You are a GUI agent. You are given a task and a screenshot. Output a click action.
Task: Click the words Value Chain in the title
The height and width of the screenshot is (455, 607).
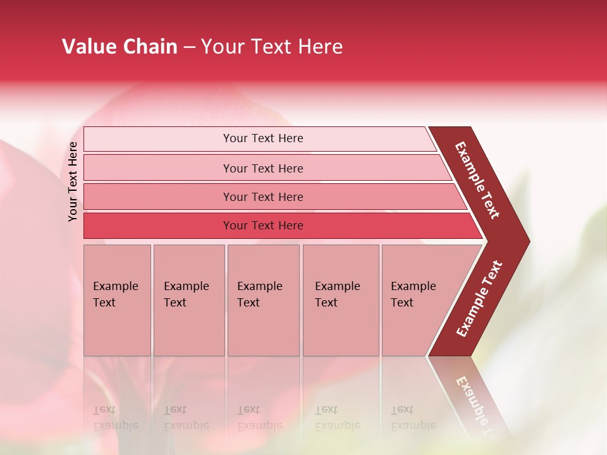120,47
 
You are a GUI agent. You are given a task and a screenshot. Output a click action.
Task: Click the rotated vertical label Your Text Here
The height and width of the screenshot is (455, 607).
73,181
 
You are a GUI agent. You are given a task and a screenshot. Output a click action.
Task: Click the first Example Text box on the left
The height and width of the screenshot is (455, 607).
117,300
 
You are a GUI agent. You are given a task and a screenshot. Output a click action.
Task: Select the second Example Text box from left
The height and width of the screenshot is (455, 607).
188,300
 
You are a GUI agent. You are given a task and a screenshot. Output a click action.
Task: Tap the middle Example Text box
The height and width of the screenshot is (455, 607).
263,300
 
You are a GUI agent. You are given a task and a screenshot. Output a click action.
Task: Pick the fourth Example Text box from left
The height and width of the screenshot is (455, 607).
340,300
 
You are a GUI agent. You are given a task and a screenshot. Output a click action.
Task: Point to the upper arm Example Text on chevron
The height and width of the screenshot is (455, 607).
477,180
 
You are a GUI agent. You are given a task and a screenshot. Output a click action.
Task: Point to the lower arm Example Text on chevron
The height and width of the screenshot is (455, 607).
479,298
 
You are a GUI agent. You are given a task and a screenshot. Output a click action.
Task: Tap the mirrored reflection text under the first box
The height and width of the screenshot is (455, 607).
115,418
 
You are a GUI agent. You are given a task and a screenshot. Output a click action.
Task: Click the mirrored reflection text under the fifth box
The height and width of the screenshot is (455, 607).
413,418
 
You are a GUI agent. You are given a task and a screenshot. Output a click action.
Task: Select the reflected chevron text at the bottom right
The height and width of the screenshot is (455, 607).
475,404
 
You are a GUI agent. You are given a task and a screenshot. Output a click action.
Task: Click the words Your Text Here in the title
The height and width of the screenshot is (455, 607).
272,47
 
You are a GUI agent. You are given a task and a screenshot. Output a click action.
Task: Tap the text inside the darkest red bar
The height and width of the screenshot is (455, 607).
263,226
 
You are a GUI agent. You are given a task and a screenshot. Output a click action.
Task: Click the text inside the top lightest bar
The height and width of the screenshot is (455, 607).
263,138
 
